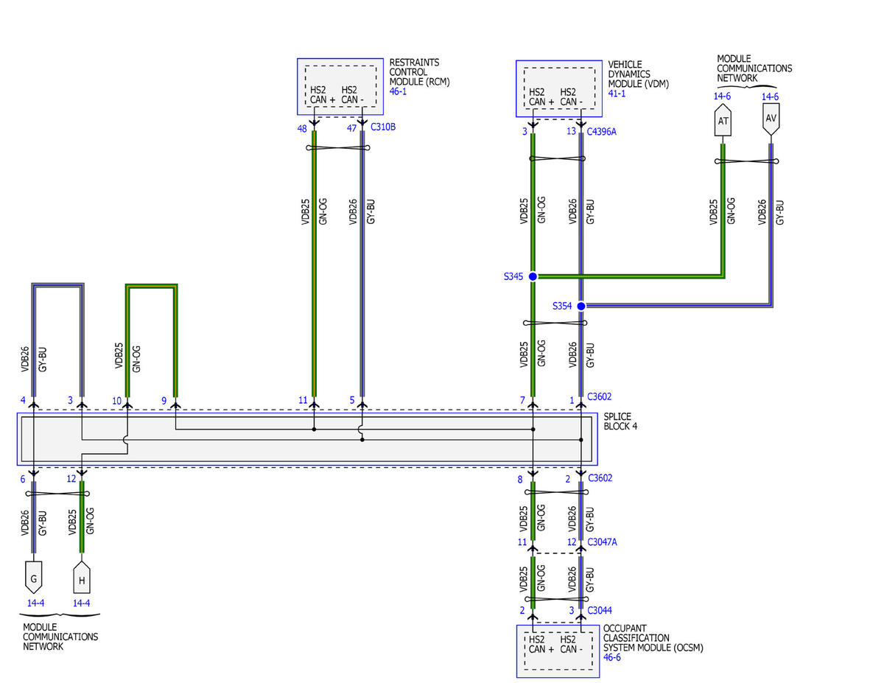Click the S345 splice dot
click(533, 276)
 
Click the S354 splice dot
click(581, 306)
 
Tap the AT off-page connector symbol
click(723, 120)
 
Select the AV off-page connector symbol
click(771, 119)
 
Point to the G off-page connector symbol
click(33, 577)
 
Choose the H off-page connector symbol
click(82, 577)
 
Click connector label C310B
click(383, 127)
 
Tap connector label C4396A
click(601, 131)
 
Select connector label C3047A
click(602, 542)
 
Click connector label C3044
click(600, 610)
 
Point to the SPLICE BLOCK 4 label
click(620, 421)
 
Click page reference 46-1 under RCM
click(398, 91)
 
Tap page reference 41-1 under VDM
click(617, 94)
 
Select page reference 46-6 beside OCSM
click(612, 657)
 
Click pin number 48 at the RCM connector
click(302, 128)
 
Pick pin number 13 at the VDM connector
click(571, 131)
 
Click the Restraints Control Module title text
click(419, 72)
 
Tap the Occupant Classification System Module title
click(653, 638)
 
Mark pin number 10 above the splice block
click(116, 401)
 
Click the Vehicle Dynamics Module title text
click(638, 74)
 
